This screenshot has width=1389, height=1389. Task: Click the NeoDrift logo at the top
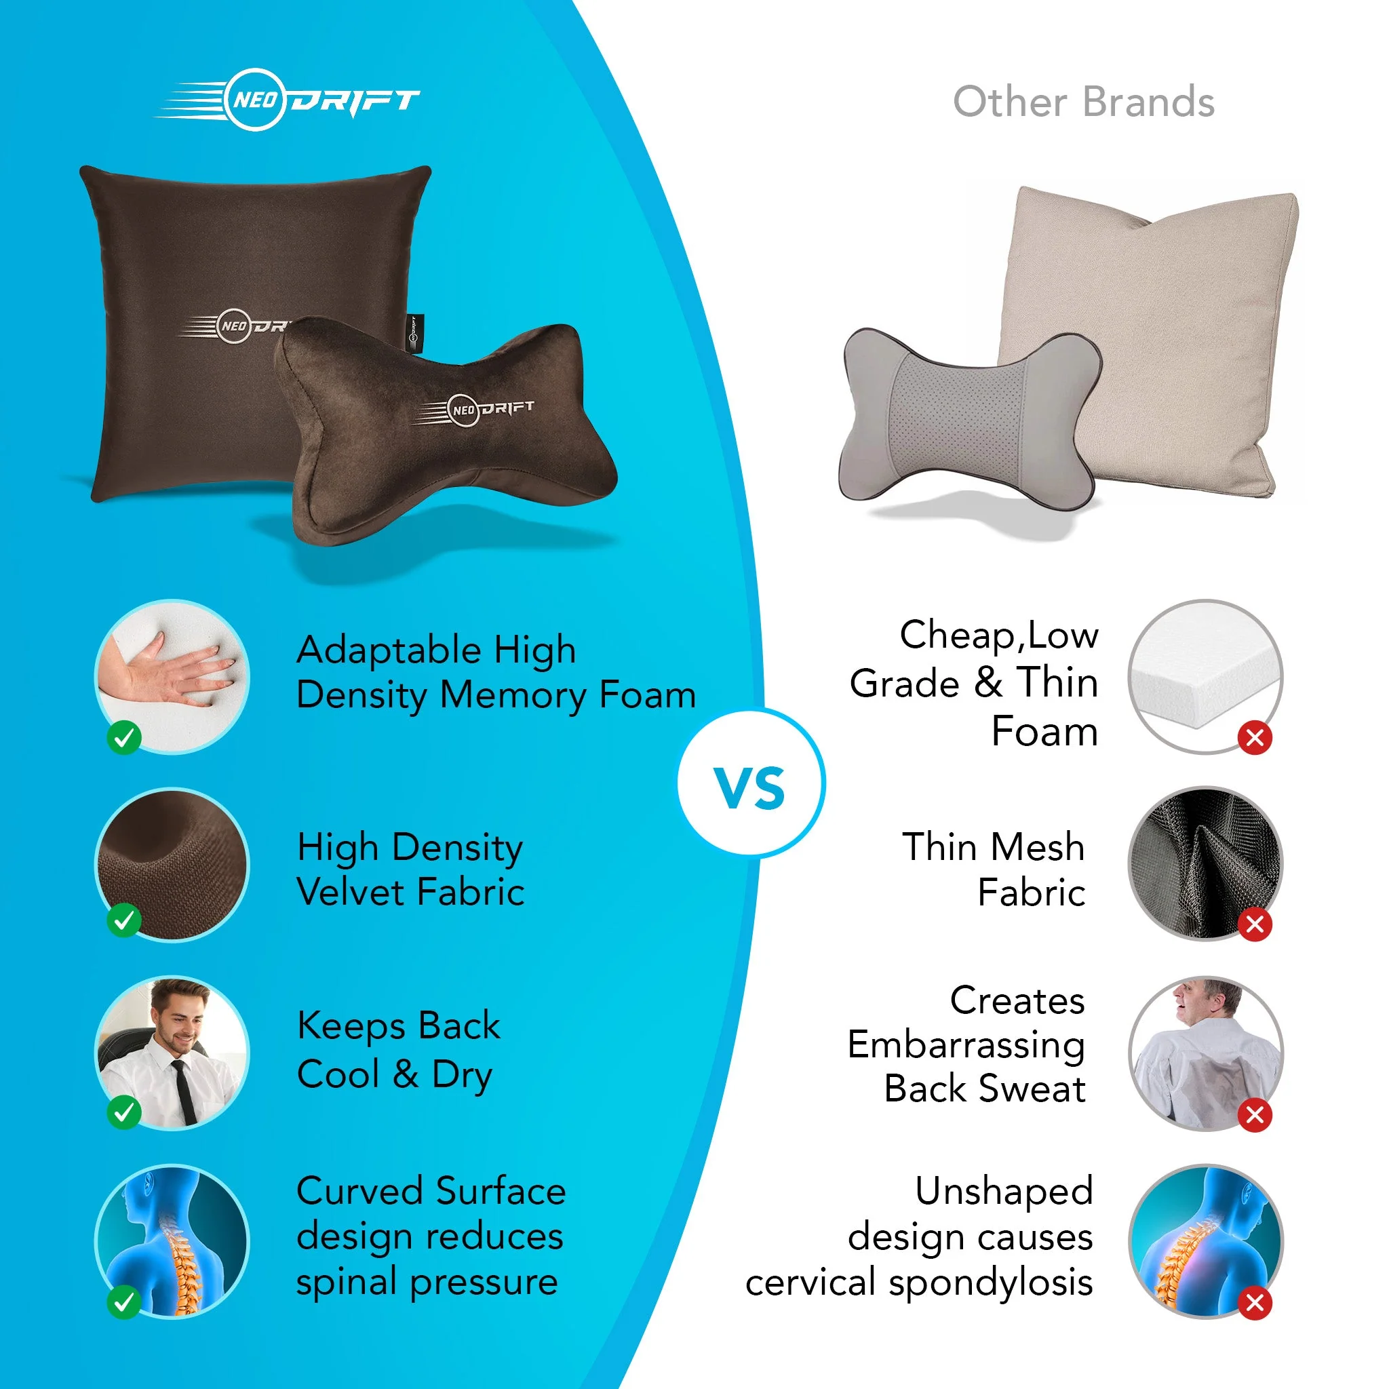(x=288, y=100)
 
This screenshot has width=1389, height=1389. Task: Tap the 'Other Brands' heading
(x=1083, y=102)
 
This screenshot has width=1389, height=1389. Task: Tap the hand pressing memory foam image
(x=172, y=676)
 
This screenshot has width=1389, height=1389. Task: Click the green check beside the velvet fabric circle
(x=123, y=920)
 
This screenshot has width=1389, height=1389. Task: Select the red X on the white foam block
(x=1255, y=737)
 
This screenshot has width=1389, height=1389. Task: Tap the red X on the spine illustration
(x=1255, y=1303)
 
